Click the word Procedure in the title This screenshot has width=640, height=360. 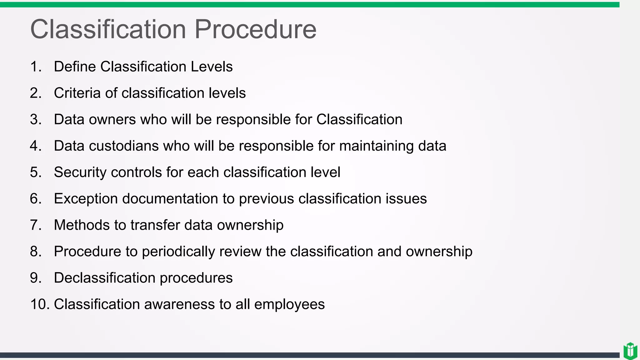click(x=255, y=29)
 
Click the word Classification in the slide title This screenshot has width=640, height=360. click(x=108, y=29)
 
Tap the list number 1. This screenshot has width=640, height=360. click(x=36, y=67)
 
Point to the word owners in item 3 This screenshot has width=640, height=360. click(x=112, y=119)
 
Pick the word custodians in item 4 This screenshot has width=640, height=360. click(x=124, y=146)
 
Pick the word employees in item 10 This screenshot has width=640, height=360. click(x=289, y=305)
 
